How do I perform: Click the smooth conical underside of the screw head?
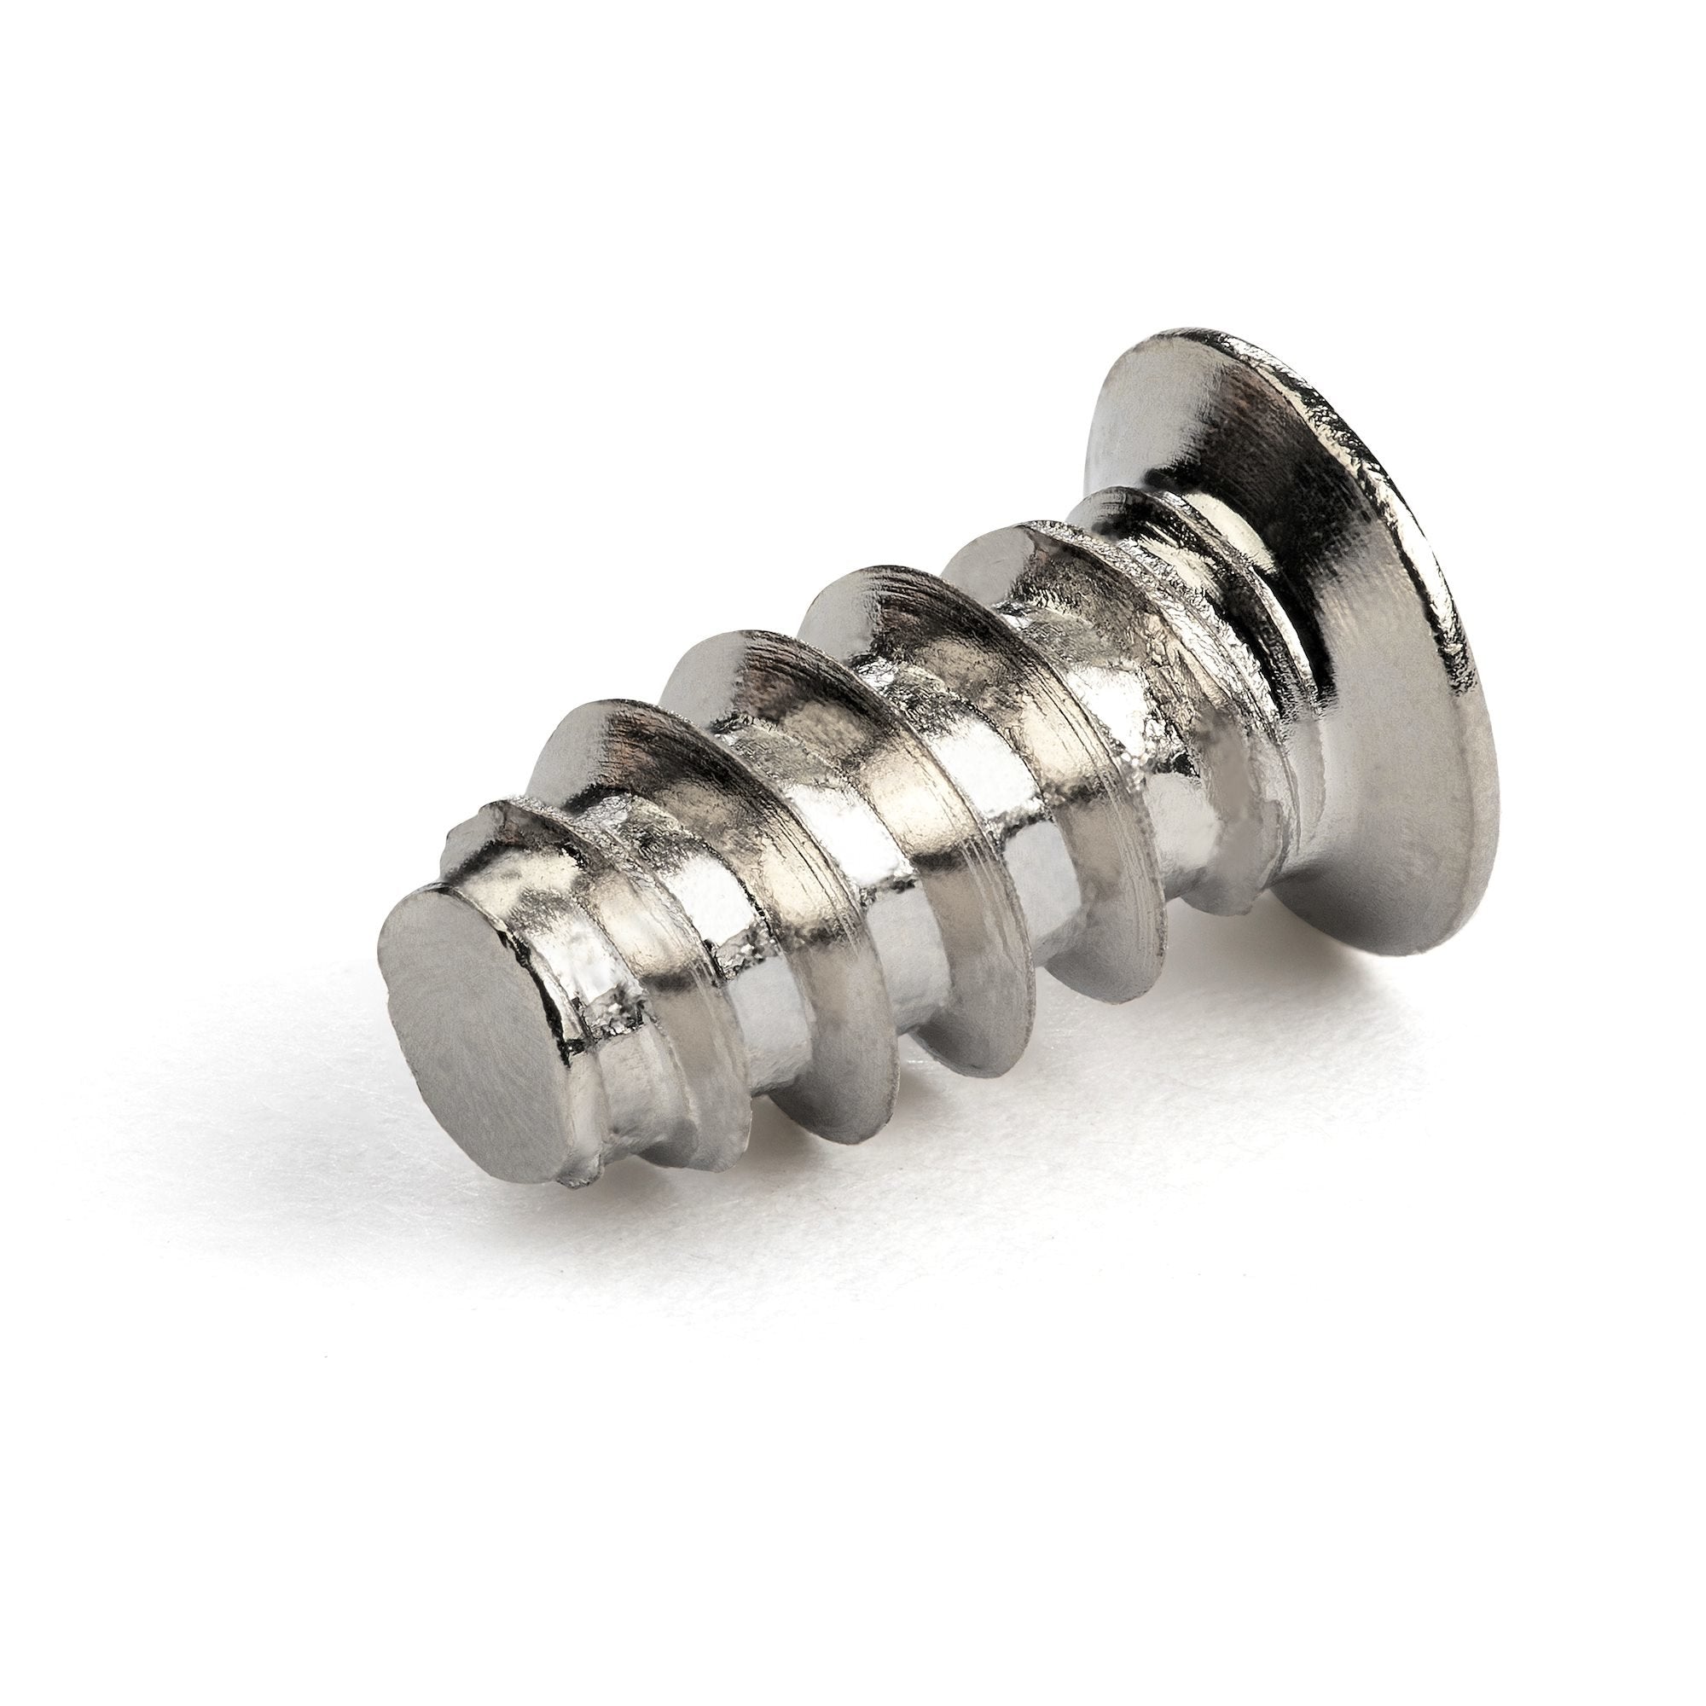point(1378,751)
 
